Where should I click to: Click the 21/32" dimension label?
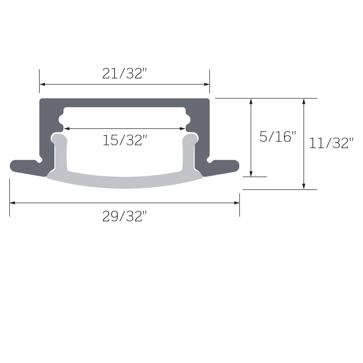[x=124, y=74]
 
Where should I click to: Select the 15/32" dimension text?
[x=124, y=140]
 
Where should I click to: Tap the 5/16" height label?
[x=278, y=137]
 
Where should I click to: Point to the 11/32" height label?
[x=331, y=143]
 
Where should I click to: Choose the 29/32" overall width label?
[x=124, y=216]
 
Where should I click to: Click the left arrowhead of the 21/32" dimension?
[x=42, y=85]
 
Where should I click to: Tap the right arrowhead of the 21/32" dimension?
[x=207, y=85]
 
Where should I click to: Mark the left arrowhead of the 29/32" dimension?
[x=12, y=203]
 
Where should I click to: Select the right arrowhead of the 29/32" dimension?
[x=237, y=203]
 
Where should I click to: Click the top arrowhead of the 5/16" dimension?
[x=251, y=101]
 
